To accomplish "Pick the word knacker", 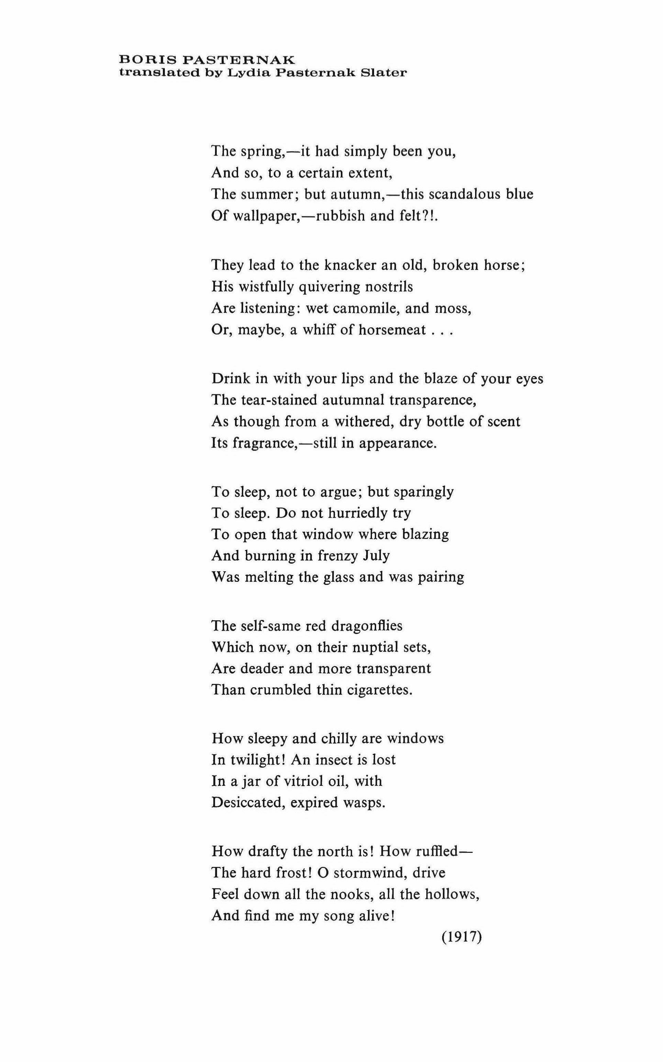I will [348, 265].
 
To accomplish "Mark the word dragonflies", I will [367, 626].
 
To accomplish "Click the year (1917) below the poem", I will [462, 937].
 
